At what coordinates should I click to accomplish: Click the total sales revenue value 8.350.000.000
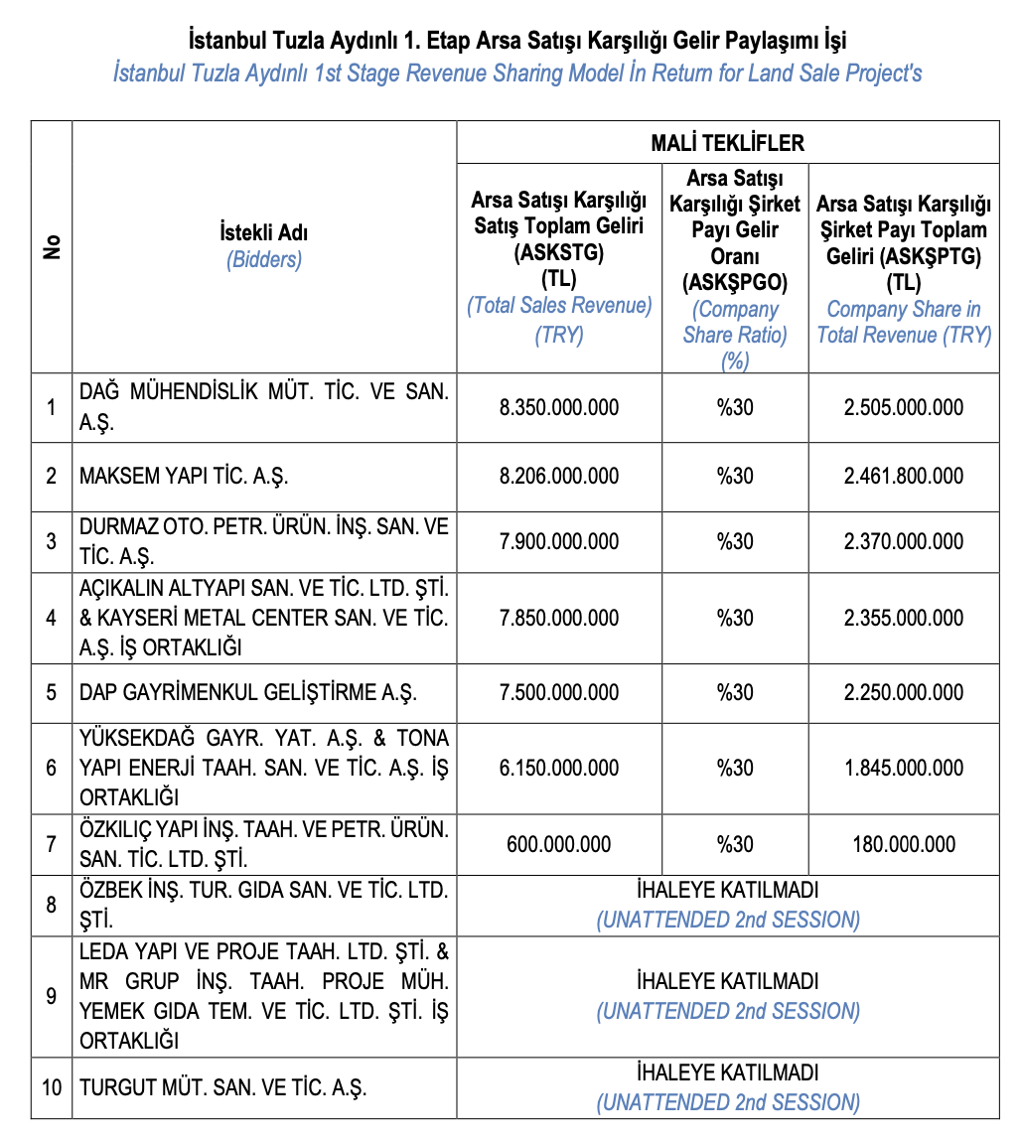[559, 408]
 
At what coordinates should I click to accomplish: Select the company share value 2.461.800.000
[903, 477]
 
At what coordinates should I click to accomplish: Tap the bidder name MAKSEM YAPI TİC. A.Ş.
[184, 477]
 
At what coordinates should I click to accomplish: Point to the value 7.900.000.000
[559, 542]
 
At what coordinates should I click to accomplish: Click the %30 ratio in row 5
[735, 693]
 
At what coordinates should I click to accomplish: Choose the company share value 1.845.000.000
[903, 769]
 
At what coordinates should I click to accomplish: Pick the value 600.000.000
[559, 845]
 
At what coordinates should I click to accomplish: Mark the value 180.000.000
[903, 845]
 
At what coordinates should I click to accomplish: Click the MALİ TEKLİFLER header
[727, 143]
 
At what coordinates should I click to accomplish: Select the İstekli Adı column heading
[263, 233]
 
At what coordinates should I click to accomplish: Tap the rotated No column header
[52, 247]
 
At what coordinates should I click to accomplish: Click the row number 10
[52, 1087]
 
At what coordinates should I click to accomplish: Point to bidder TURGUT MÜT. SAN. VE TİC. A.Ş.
[223, 1087]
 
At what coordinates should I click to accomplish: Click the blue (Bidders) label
[263, 260]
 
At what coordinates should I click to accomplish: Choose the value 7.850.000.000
[559, 619]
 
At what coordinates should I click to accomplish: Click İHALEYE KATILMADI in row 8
[727, 891]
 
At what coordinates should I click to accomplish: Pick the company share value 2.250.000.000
[903, 693]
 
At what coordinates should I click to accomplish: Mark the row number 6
[52, 769]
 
